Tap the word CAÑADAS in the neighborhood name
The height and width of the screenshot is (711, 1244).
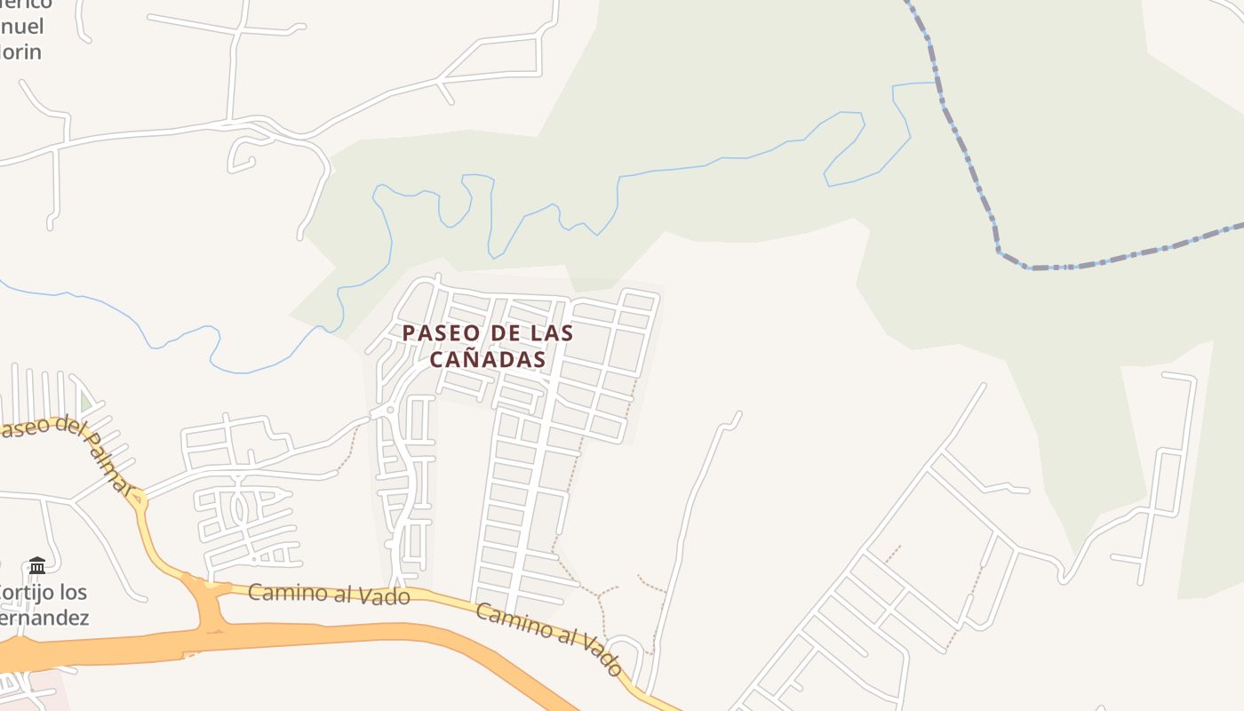click(487, 360)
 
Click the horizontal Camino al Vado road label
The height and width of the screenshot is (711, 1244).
click(329, 594)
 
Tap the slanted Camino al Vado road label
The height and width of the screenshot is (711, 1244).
click(548, 638)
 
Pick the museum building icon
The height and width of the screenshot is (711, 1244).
click(36, 565)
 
